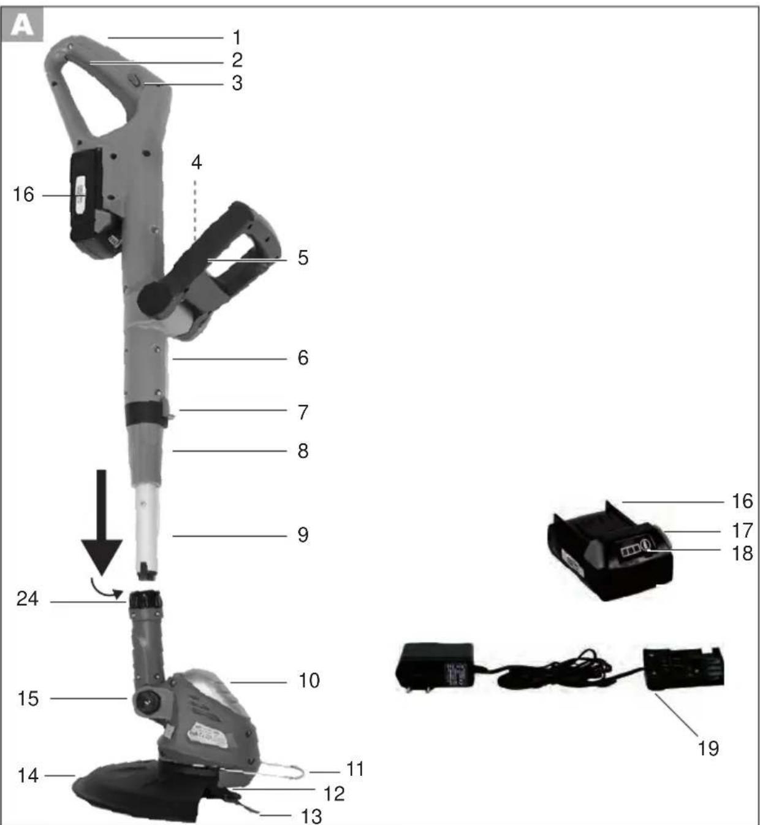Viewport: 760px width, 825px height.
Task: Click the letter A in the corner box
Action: pos(21,26)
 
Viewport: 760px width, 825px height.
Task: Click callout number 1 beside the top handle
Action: pos(237,38)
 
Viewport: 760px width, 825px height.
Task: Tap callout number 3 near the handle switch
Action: pos(237,83)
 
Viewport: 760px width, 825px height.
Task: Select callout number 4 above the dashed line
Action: pos(196,163)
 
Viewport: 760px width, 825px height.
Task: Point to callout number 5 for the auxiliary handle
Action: pos(303,258)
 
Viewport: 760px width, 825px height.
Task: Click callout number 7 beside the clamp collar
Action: pos(303,412)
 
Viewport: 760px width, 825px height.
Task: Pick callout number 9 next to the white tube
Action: pos(303,535)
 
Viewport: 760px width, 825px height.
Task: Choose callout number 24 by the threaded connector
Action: pos(28,599)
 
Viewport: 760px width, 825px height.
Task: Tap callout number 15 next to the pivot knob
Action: pos(28,699)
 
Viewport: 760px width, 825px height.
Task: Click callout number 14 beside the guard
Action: pos(28,775)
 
